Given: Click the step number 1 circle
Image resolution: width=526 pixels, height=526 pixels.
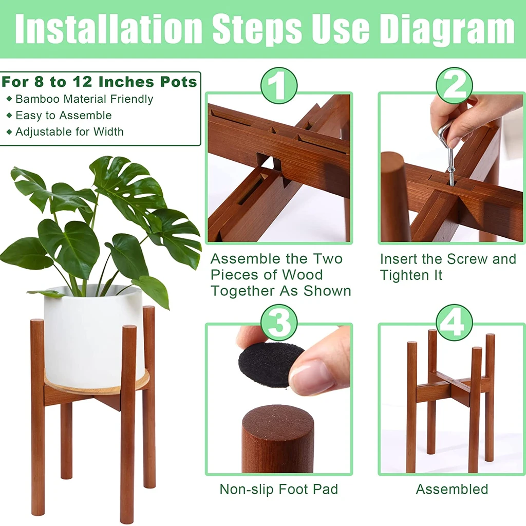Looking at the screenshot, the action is tap(279, 86).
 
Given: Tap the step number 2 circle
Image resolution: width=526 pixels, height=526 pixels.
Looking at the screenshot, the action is tap(454, 86).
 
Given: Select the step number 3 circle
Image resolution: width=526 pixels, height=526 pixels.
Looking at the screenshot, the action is tap(279, 323).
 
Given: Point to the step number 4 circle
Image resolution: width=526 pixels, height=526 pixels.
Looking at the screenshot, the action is tap(454, 323).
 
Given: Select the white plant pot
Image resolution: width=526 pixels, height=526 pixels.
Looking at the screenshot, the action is tap(93, 336).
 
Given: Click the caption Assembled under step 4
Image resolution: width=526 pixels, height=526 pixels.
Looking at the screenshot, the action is tap(452, 490).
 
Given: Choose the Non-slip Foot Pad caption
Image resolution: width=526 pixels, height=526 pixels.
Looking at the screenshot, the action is tap(279, 490).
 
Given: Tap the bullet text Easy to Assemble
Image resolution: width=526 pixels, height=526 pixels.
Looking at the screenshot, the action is tap(63, 116).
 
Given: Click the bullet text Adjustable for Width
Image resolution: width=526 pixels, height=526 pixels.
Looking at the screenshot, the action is tap(69, 131).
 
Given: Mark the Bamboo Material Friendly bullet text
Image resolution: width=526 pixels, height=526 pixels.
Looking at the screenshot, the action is tap(84, 99).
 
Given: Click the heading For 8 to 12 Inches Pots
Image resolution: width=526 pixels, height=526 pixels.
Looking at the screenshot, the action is tap(99, 82).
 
